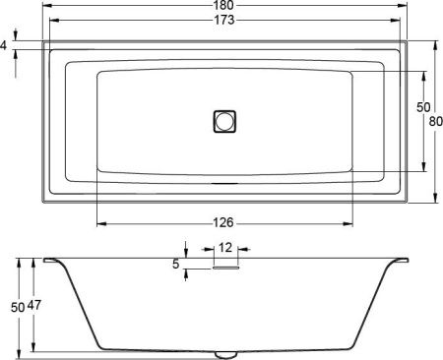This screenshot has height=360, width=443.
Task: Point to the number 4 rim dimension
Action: [5, 45]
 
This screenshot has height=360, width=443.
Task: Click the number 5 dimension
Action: [175, 264]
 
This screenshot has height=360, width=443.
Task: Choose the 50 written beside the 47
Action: [17, 306]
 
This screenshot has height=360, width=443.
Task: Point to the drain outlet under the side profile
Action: [225, 353]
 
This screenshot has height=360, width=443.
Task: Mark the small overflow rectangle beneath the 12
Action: [225, 264]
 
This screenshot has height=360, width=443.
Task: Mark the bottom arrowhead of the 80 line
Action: [434, 200]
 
